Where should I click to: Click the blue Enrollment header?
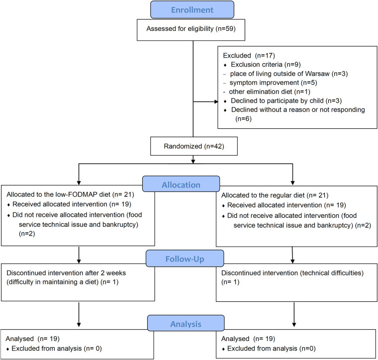pyautogui.click(x=192, y=9)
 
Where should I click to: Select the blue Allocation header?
pyautogui.click(x=181, y=184)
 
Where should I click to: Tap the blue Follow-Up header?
pyautogui.click(x=185, y=258)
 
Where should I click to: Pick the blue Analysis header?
pyautogui.click(x=186, y=323)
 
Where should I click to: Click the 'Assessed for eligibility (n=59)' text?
pyautogui.click(x=191, y=29)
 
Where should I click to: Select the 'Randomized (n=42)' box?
pyautogui.click(x=194, y=146)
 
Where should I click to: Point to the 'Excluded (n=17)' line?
pyautogui.click(x=249, y=56)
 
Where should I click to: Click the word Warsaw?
pyautogui.click(x=317, y=74)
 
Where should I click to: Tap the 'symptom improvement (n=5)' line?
pyautogui.click(x=273, y=83)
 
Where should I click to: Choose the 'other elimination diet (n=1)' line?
pyautogui.click(x=270, y=92)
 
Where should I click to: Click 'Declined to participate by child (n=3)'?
pyautogui.click(x=286, y=101)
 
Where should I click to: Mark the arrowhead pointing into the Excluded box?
pyautogui.click(x=216, y=102)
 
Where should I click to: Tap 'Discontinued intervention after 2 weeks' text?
pyautogui.click(x=66, y=273)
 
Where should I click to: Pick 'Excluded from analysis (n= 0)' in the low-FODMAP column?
pyautogui.click(x=57, y=349)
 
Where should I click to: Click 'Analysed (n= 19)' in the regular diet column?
pyautogui.click(x=248, y=339)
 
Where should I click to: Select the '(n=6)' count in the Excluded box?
pyautogui.click(x=244, y=119)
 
